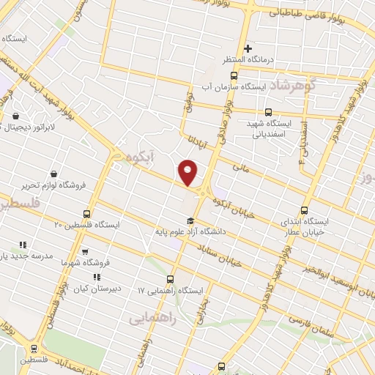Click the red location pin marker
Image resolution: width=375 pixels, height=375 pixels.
(x=189, y=171)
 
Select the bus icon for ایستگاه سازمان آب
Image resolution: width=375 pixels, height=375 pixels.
(x=234, y=75)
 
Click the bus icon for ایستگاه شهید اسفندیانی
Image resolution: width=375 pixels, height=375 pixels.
(x=268, y=113)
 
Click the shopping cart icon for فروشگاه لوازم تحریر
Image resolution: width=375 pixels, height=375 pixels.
(x=54, y=174)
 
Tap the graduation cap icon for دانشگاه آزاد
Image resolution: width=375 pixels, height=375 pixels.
(x=190, y=220)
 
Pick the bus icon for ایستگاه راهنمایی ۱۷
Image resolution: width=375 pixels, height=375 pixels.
(x=171, y=279)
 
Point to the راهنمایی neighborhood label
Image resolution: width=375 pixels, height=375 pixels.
(x=151, y=318)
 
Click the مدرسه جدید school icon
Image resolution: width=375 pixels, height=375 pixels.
(x=22, y=245)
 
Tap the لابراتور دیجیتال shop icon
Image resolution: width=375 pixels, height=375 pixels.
(x=17, y=116)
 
